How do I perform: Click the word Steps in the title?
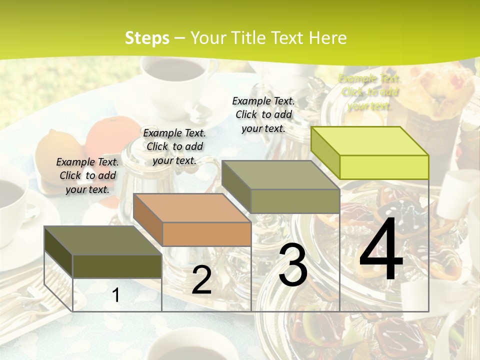click(147, 38)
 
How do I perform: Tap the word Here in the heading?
click(325, 38)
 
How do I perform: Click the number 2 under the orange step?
click(201, 280)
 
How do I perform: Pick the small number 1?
click(116, 295)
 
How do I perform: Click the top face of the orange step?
click(192, 208)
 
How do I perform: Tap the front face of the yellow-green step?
click(384, 167)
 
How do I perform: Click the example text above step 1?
click(87, 175)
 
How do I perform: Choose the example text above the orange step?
click(174, 146)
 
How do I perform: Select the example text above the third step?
click(263, 114)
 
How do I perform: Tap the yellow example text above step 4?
click(369, 92)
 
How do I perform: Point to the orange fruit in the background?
click(107, 135)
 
